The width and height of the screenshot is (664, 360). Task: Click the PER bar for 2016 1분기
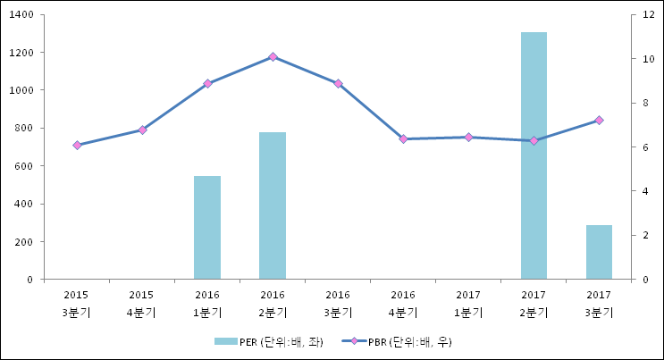(207, 228)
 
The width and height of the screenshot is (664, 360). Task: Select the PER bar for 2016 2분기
(273, 205)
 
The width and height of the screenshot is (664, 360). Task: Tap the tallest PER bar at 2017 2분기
(534, 155)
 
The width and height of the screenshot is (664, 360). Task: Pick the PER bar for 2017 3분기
(599, 252)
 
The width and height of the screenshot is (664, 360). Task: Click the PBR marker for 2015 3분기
(77, 145)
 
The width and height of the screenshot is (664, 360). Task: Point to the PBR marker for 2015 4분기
(142, 130)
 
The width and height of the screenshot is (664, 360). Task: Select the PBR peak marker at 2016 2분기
(273, 56)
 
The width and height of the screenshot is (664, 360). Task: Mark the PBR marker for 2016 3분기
(338, 83)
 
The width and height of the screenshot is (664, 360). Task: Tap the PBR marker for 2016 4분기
(403, 138)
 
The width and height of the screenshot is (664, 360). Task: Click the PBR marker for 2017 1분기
(468, 137)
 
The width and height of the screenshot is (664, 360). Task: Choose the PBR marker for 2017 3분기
(599, 120)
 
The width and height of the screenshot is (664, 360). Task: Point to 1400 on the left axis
(21, 15)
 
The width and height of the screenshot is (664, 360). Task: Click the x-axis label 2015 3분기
(77, 303)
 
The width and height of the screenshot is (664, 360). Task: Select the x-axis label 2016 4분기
(403, 303)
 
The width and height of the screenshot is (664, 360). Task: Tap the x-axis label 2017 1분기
(468, 303)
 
